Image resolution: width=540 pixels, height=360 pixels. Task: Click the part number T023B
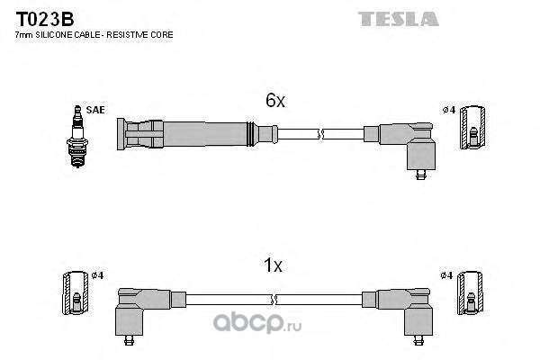tap(45, 19)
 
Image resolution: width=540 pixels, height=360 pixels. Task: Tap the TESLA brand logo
tap(399, 19)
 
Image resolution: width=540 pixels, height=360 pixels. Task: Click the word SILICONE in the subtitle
tap(52, 35)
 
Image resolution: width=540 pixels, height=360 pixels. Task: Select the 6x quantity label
tap(275, 101)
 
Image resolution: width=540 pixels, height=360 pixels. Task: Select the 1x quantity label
tap(273, 265)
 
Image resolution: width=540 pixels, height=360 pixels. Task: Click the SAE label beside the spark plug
tap(95, 110)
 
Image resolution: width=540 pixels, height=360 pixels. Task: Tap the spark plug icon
tap(77, 137)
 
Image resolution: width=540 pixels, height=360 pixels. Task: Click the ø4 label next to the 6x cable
tap(449, 110)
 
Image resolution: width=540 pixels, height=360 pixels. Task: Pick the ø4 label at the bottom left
tap(97, 275)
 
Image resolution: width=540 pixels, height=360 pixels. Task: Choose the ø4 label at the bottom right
tap(446, 275)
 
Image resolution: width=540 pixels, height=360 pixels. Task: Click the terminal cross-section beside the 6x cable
tap(472, 128)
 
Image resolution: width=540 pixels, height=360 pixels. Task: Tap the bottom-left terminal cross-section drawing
tap(76, 293)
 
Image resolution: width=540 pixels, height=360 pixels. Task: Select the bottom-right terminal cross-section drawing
tap(471, 292)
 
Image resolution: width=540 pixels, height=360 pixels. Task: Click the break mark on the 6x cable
tap(320, 134)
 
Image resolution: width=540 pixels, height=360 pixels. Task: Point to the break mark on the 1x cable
tap(274, 300)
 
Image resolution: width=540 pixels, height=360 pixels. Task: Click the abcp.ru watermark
tap(256, 323)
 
